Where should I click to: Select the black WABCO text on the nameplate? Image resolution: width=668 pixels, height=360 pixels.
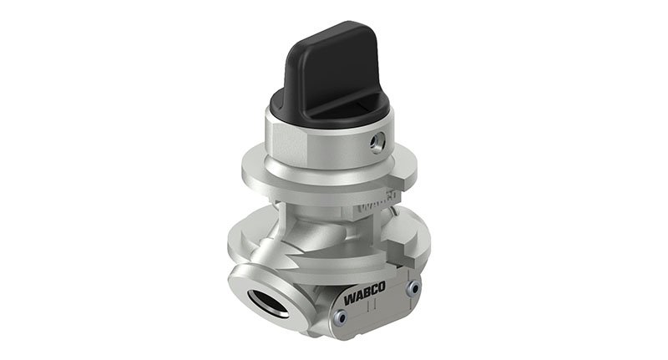tap(365, 298)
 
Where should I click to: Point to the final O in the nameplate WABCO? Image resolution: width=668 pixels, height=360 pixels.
tap(385, 292)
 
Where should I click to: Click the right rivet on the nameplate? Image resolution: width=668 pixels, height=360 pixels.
tap(412, 287)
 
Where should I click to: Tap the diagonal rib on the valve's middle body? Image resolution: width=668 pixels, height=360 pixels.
tap(309, 242)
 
